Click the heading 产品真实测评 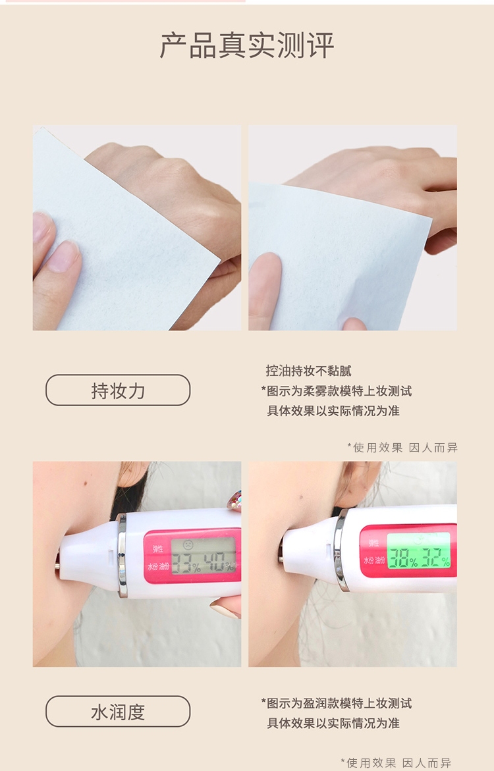point(247,45)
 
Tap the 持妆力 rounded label point(118,390)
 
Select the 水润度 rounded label point(118,712)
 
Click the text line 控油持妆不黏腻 point(308,371)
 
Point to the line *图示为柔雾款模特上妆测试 point(337,391)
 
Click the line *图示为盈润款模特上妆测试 point(337,703)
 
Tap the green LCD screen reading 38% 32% point(419,550)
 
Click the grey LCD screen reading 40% point(204,556)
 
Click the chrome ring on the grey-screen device point(122,555)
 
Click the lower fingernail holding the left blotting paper point(63,256)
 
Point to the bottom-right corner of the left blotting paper point(219,261)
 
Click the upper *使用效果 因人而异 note point(402,448)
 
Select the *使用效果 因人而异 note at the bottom point(396,762)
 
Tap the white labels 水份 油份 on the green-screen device point(374,560)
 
